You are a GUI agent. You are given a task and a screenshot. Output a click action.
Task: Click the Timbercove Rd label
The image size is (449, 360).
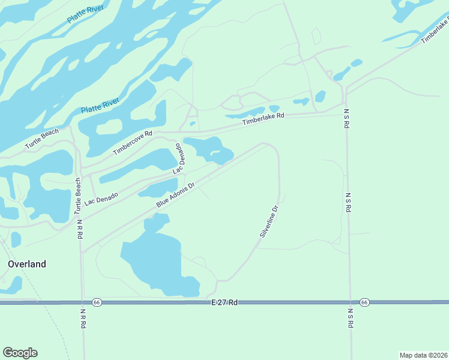point(133,143)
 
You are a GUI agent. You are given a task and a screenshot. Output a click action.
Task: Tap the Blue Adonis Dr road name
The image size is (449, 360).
point(176,196)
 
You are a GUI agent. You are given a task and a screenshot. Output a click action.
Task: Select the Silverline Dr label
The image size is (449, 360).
point(270,221)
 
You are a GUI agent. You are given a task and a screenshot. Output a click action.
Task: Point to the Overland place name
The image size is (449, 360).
point(26,264)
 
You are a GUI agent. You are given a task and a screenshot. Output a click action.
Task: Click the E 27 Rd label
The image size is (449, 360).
point(225,303)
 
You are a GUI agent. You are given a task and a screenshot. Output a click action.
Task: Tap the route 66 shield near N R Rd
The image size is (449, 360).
point(97,302)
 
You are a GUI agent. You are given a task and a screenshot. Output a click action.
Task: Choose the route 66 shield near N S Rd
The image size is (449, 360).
point(364,302)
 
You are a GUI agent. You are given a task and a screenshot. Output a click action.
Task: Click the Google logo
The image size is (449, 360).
point(20,353)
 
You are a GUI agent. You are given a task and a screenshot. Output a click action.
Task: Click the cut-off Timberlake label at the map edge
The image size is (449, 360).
point(435,31)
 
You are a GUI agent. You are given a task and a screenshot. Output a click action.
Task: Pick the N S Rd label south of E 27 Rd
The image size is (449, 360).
point(350,319)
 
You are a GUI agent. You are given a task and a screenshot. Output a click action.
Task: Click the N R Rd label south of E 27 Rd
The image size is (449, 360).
point(83,319)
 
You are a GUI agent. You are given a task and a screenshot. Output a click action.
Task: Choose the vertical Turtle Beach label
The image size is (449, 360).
point(78,196)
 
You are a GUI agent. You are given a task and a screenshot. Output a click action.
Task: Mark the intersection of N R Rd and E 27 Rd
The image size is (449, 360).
point(83,302)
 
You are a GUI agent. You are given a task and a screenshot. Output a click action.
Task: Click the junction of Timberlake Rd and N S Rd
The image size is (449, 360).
point(345,102)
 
